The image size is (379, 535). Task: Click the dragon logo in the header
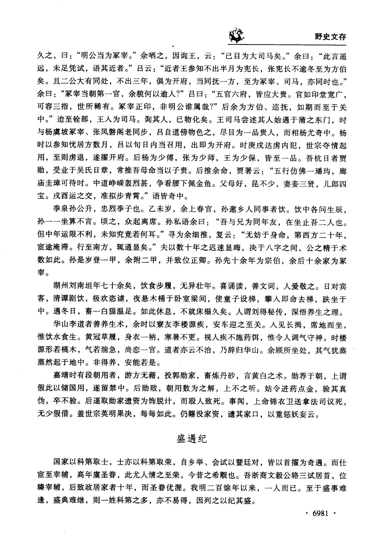(236, 36)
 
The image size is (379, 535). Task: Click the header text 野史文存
(330, 37)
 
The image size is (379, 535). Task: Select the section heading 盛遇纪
(191, 439)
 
